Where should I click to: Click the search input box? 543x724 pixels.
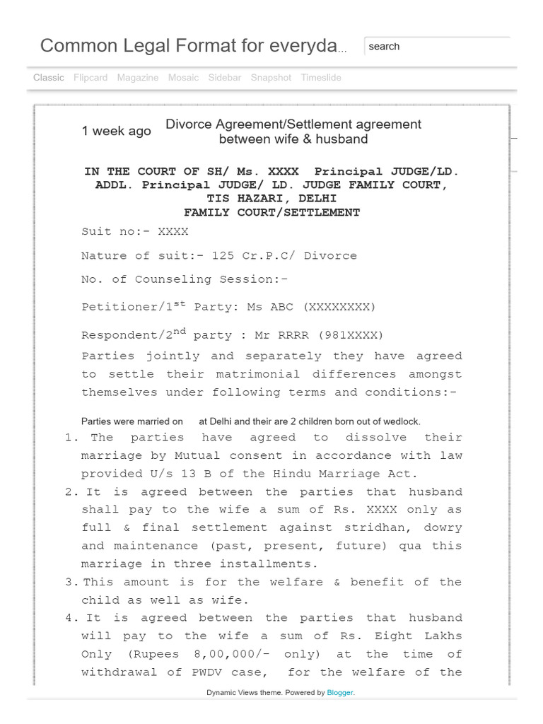[x=437, y=47]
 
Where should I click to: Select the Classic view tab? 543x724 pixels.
[x=49, y=78]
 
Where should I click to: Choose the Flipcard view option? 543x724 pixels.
[x=90, y=78]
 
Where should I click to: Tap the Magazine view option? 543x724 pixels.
[x=138, y=78]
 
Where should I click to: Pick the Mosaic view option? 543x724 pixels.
[x=183, y=78]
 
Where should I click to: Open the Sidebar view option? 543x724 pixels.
[x=224, y=78]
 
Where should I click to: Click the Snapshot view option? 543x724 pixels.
[x=271, y=78]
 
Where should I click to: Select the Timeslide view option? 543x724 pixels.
[x=321, y=78]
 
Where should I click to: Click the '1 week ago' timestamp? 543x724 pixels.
[x=116, y=132]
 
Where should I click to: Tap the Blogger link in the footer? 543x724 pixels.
[x=340, y=693]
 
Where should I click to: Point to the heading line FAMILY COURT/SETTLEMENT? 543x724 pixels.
[x=271, y=212]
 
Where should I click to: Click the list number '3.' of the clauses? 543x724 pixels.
[x=72, y=582]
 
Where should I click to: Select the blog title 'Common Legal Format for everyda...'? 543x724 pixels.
[x=193, y=46]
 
